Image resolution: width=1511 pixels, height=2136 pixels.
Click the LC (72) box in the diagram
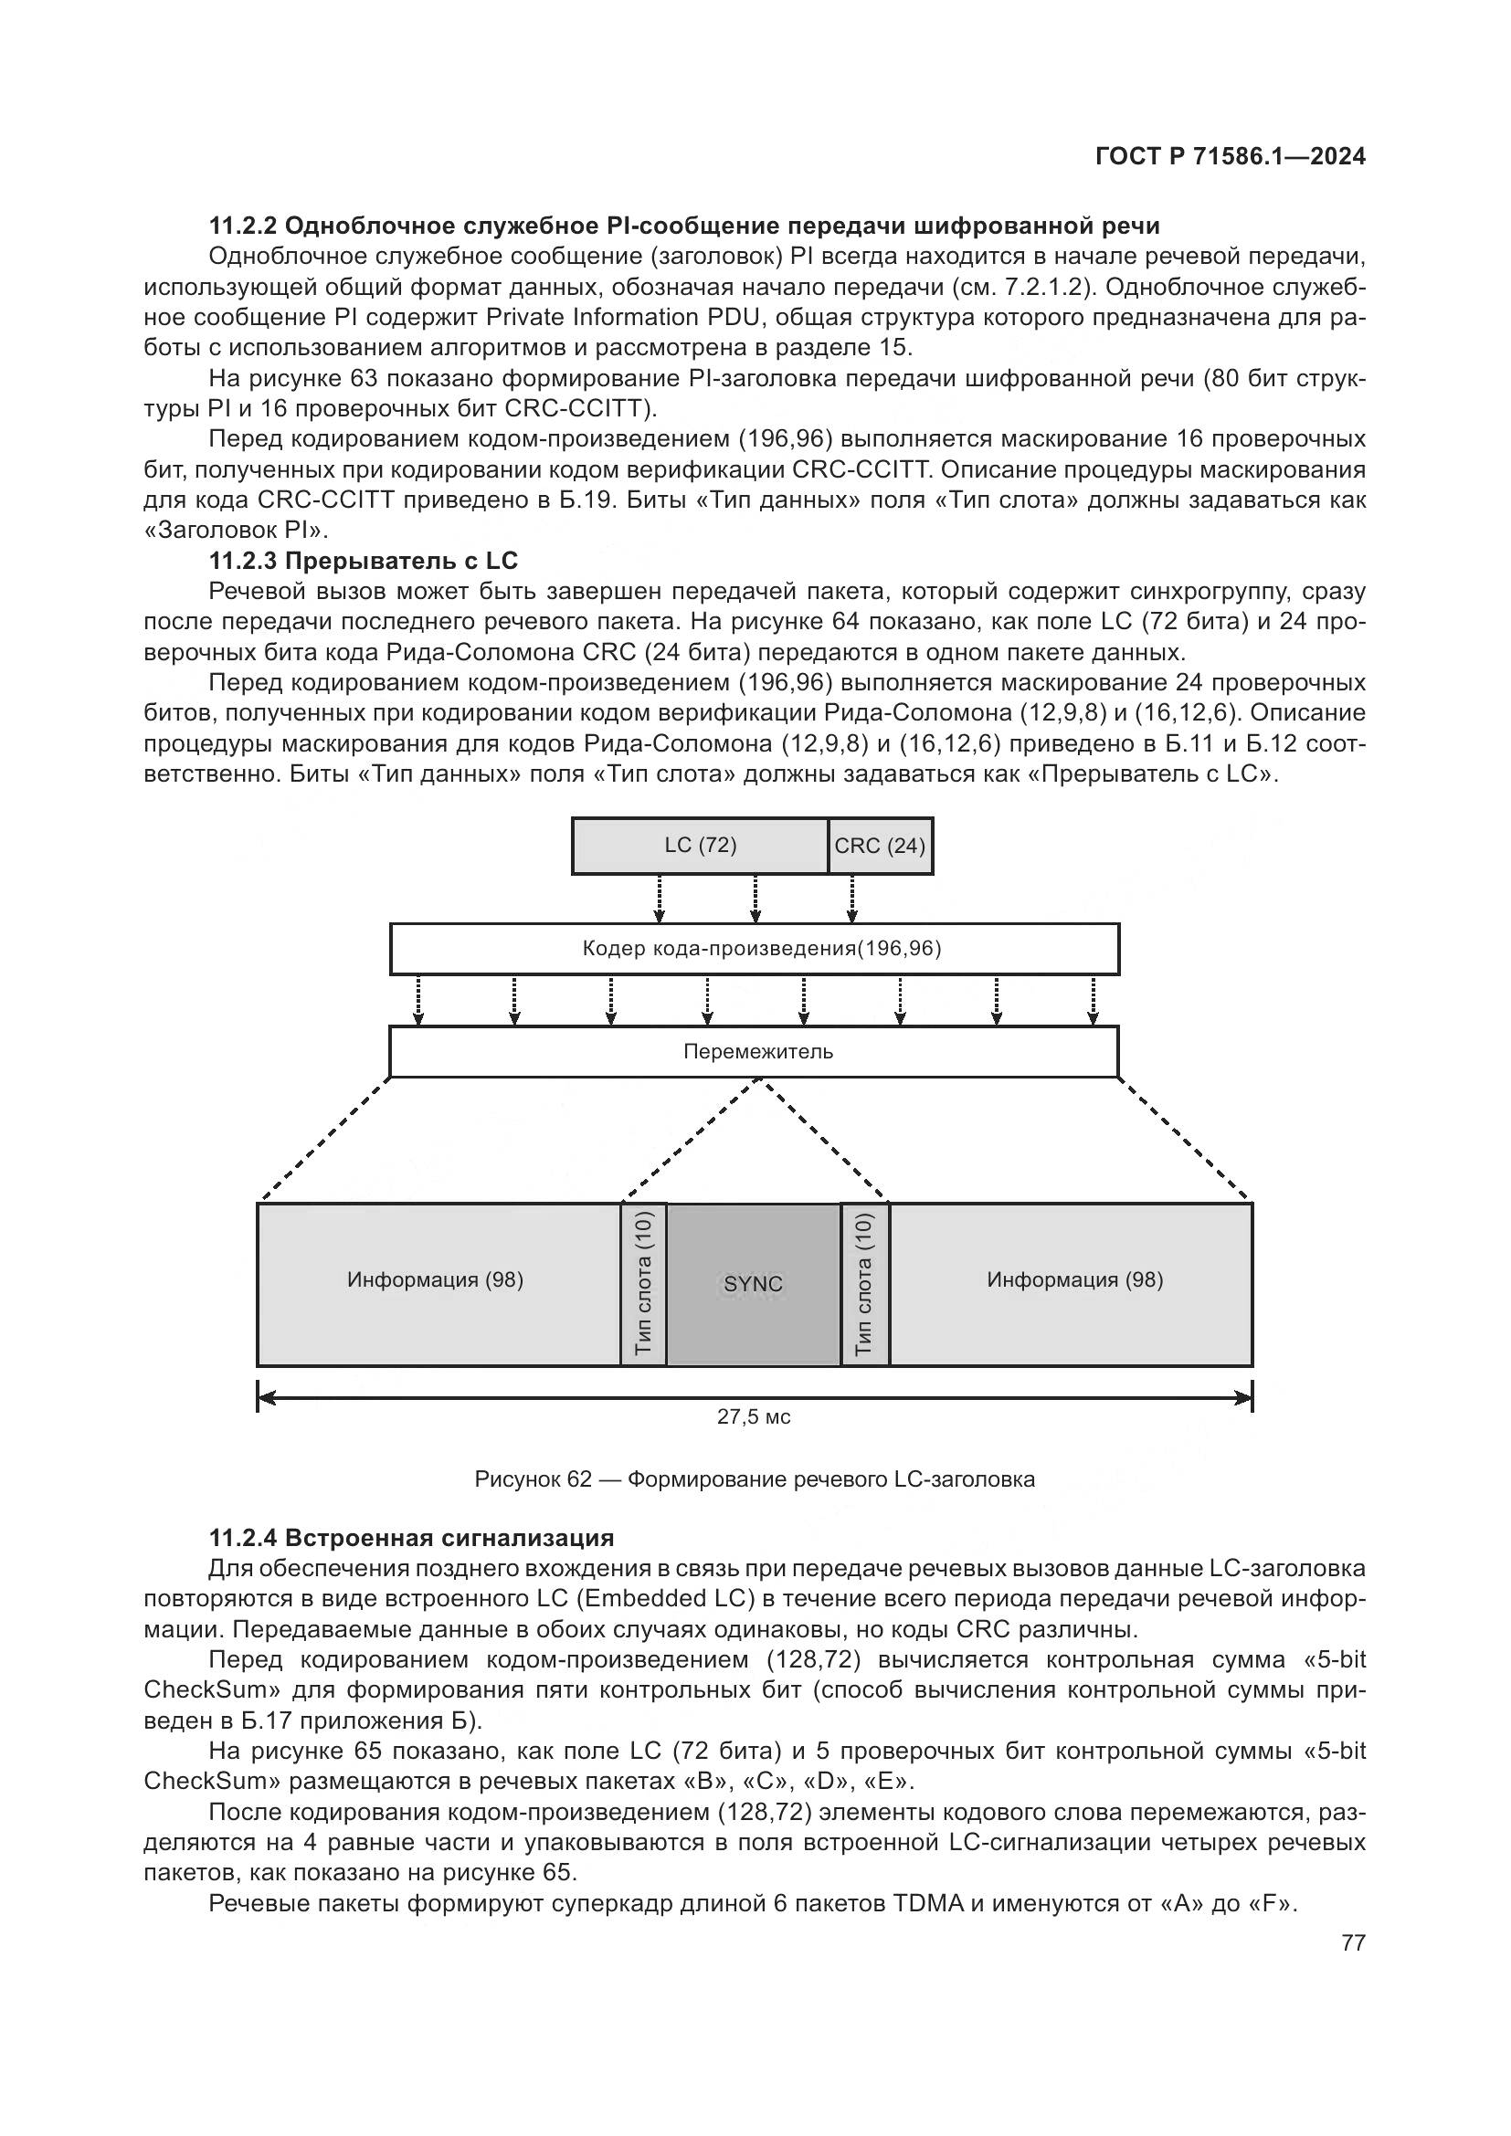(700, 846)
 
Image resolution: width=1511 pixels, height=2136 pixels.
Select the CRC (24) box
(880, 846)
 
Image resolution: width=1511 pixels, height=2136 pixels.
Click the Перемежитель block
(754, 1052)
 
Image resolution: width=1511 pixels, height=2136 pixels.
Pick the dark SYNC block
(754, 1285)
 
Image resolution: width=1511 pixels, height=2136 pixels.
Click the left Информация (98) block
(436, 1281)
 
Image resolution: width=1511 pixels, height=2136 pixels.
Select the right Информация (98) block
(1074, 1281)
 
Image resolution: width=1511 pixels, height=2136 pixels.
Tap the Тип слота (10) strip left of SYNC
(644, 1285)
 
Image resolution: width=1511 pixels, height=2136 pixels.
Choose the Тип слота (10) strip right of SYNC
(864, 1285)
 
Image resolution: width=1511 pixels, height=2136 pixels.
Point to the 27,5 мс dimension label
(754, 1417)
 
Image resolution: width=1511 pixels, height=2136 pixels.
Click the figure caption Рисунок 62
(755, 1479)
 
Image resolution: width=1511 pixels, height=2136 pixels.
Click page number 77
(1354, 1942)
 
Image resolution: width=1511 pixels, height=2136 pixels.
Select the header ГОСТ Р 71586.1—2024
(1230, 156)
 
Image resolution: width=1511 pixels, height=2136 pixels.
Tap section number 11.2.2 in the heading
(243, 226)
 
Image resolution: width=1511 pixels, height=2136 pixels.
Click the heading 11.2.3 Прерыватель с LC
(363, 561)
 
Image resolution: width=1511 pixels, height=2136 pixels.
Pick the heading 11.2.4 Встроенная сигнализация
(411, 1538)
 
